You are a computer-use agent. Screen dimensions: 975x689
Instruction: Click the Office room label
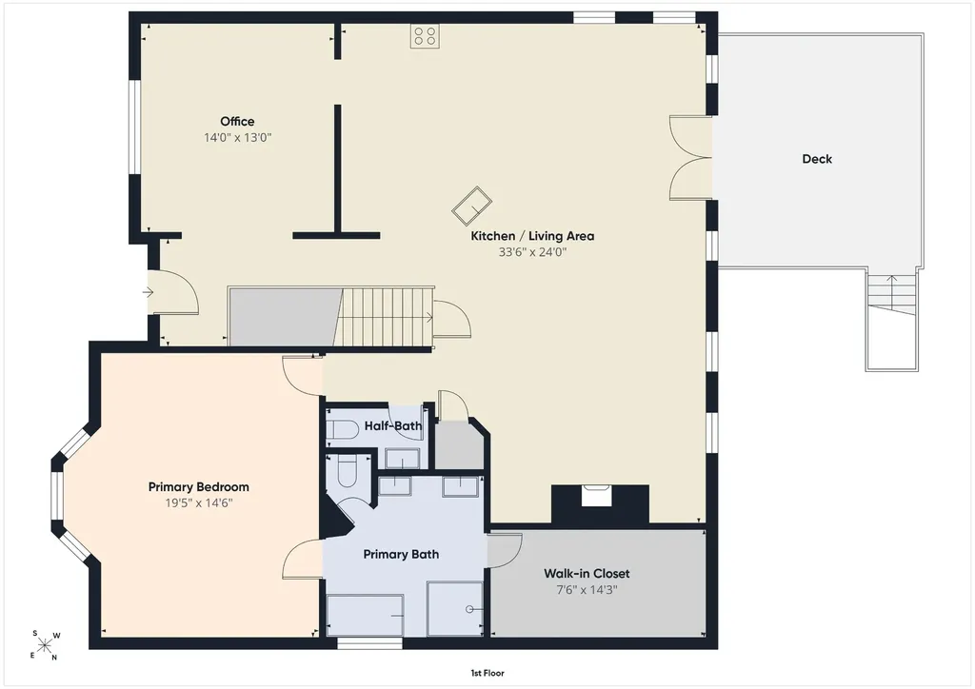click(x=237, y=121)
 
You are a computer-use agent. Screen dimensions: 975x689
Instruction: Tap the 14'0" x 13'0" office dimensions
click(x=237, y=137)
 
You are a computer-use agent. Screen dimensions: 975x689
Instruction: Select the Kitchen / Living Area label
click(x=532, y=236)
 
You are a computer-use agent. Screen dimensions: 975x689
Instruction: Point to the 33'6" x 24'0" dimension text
click(x=532, y=252)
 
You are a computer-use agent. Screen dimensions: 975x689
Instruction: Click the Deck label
click(x=817, y=159)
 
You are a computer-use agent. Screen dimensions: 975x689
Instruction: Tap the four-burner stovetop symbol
click(x=425, y=36)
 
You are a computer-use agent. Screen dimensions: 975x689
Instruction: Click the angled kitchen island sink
click(x=472, y=206)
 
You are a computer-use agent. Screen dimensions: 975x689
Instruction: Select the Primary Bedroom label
click(x=198, y=487)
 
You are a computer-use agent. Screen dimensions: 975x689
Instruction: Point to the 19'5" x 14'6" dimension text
click(x=198, y=503)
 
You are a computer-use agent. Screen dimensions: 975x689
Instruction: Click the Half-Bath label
click(x=393, y=426)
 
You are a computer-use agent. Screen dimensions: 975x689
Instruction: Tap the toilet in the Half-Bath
click(x=343, y=430)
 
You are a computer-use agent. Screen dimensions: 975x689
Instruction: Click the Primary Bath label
click(x=401, y=554)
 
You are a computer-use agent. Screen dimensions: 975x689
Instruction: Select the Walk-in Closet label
click(x=587, y=574)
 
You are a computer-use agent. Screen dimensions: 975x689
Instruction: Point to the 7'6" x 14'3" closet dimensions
click(x=587, y=590)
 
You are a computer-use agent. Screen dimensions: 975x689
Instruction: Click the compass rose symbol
click(x=44, y=645)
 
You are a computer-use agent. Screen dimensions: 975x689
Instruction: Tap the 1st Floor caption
click(x=487, y=673)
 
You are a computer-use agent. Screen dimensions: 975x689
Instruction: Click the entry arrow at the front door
click(x=148, y=291)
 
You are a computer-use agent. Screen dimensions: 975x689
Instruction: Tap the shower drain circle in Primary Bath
click(x=470, y=609)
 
